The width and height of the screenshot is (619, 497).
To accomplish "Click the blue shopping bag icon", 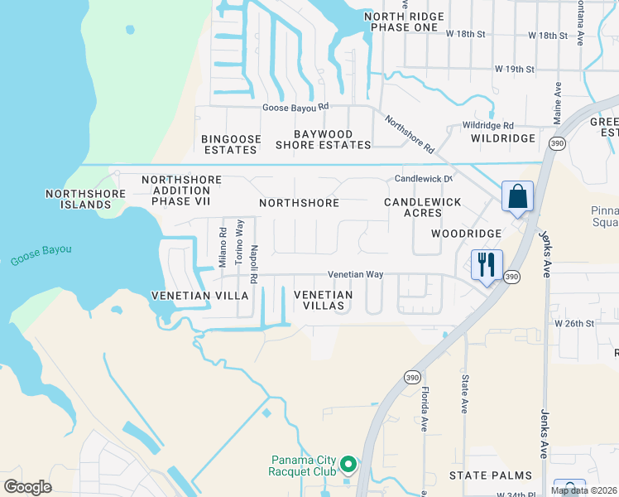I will [x=517, y=197].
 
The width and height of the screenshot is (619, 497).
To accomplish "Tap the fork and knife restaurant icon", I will [x=487, y=265].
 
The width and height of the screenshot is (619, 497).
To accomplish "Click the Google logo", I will [x=28, y=486].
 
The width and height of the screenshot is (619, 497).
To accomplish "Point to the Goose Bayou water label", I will [x=41, y=254].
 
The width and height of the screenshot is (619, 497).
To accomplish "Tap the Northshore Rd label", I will [x=409, y=134].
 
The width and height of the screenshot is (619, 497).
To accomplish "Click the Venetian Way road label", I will [x=356, y=274].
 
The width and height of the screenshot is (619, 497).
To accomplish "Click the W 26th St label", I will [x=575, y=322].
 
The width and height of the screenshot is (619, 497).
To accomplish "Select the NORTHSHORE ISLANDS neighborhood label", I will [x=85, y=199].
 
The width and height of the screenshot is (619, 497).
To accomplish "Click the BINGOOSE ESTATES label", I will [x=231, y=144].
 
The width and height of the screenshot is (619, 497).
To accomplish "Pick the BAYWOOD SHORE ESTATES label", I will [x=323, y=139].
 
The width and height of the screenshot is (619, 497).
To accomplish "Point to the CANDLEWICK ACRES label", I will [x=413, y=207].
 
